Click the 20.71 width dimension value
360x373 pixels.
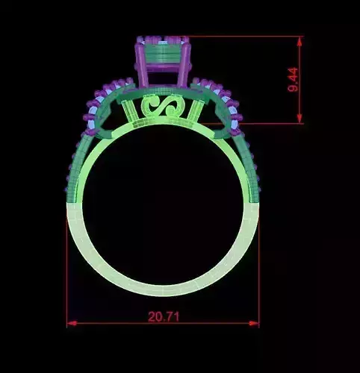[164, 315]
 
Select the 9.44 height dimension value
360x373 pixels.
[293, 79]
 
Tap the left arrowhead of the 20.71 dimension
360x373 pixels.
[71, 323]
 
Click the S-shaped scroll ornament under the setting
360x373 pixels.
[163, 107]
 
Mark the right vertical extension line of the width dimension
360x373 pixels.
[258, 261]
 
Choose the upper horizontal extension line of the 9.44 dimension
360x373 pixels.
[246, 36]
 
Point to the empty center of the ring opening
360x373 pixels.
[164, 205]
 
